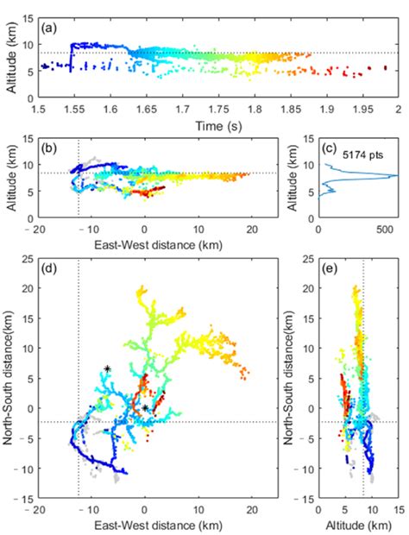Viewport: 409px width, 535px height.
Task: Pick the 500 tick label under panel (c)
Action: click(376, 229)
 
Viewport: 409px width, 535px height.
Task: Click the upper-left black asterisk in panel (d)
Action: click(107, 368)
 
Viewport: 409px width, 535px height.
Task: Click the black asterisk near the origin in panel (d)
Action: click(146, 407)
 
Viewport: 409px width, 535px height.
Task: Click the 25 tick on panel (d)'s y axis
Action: click(26, 260)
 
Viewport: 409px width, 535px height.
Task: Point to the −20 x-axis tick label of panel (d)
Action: click(35, 510)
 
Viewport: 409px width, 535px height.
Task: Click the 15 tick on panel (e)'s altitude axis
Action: click(398, 510)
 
